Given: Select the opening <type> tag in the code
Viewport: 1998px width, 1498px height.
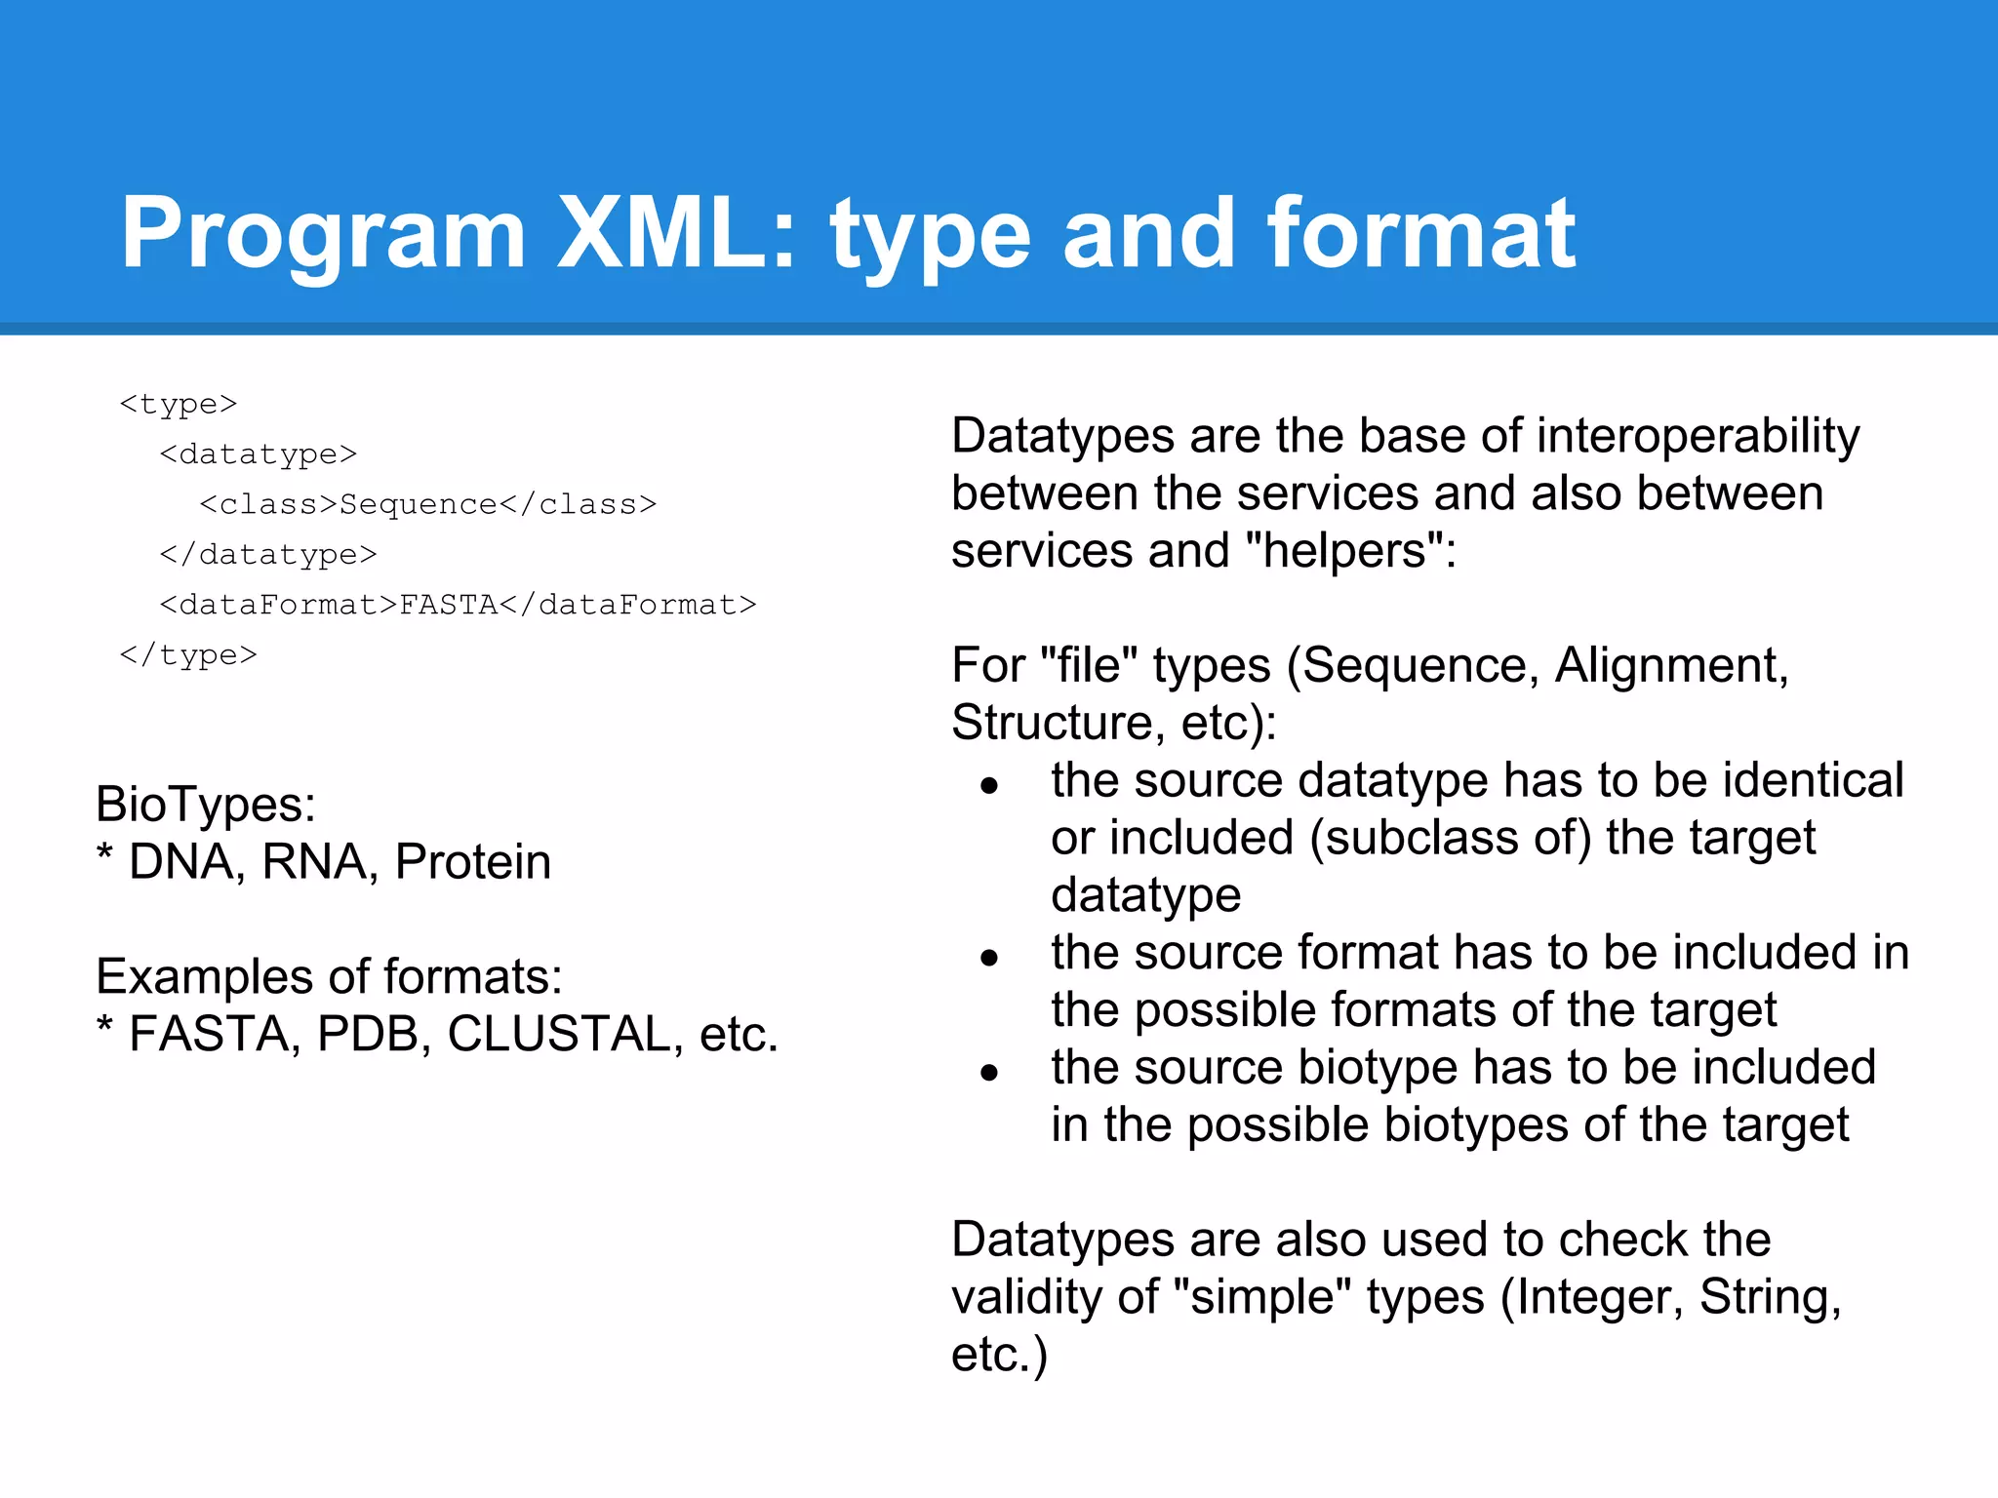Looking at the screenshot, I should point(179,403).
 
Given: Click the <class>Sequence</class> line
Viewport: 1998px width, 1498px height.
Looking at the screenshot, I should point(428,503).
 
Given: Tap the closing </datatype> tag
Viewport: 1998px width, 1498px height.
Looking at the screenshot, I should point(268,554).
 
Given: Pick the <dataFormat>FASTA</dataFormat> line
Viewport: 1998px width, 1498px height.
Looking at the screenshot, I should point(458,605).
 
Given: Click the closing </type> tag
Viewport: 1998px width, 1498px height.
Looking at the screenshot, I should point(188,654).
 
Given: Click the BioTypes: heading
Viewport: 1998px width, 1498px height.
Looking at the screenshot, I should point(206,805).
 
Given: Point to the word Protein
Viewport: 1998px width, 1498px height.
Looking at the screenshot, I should point(473,862).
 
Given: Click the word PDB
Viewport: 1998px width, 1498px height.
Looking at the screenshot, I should point(374,1034).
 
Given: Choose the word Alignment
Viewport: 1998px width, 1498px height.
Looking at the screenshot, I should point(1670,665).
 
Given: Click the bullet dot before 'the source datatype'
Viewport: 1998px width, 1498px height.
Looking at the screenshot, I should point(989,785).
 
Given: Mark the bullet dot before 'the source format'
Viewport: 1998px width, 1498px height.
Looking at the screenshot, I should point(989,958).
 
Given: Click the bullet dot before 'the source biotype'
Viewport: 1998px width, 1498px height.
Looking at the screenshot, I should point(989,1073).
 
